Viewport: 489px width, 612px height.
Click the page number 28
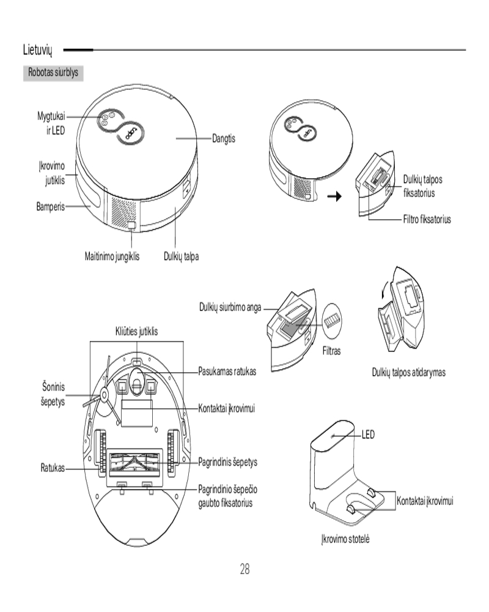(x=244, y=569)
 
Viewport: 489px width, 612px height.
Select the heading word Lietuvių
(x=39, y=49)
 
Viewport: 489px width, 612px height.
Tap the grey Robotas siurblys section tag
(x=53, y=72)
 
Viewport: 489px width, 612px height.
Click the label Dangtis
(x=224, y=139)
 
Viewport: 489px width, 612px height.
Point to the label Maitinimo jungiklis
(x=112, y=256)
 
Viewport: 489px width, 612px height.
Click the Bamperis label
(x=50, y=206)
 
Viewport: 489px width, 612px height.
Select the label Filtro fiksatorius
(x=427, y=219)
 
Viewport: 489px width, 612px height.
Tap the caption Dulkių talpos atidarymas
(x=409, y=372)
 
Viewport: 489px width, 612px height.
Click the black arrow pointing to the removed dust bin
(x=334, y=197)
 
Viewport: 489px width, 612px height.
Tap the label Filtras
(x=331, y=351)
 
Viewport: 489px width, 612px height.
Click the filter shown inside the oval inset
(x=333, y=320)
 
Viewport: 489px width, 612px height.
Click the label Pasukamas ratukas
(x=227, y=371)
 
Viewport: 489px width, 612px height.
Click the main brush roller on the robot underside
(x=136, y=465)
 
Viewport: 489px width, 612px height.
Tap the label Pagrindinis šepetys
(x=228, y=462)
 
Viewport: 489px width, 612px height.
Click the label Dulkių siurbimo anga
(x=230, y=307)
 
